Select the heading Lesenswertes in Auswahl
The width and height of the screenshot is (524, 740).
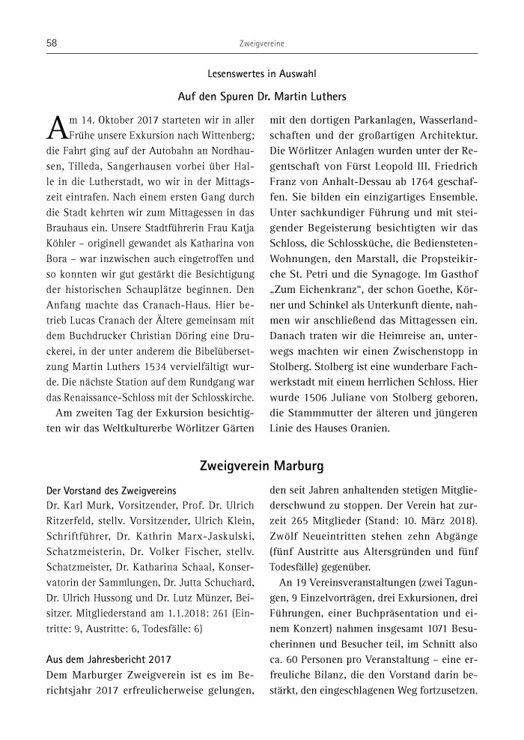pos(262,75)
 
